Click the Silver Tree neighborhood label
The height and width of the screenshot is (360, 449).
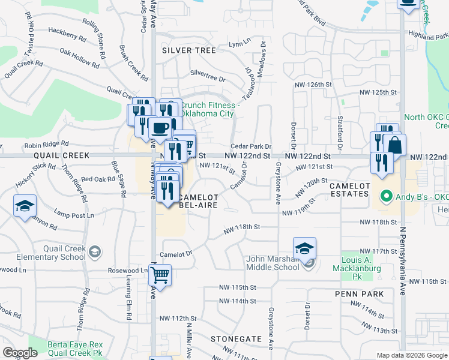click(x=189, y=50)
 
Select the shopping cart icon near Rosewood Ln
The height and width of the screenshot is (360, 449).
click(x=160, y=275)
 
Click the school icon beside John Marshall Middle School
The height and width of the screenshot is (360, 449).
click(x=304, y=248)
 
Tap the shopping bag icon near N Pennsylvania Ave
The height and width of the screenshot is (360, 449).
click(x=395, y=145)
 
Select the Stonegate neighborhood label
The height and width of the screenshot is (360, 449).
click(x=236, y=339)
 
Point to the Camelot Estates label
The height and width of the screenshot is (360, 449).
click(x=349, y=190)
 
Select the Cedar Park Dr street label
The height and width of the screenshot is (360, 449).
click(x=252, y=146)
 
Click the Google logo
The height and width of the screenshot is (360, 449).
click(x=20, y=353)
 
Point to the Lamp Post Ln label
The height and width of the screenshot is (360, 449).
click(x=74, y=215)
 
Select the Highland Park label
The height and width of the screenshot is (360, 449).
click(x=427, y=37)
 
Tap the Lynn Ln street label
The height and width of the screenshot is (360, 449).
click(x=238, y=44)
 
